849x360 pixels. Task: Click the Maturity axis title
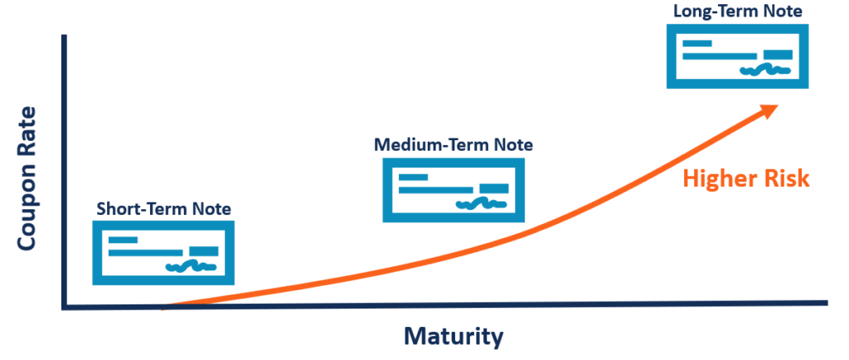tap(454, 337)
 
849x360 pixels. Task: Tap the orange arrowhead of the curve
tap(767, 111)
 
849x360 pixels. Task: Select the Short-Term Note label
tap(163, 207)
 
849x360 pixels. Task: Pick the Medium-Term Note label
tap(454, 145)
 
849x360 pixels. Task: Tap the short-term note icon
tap(163, 253)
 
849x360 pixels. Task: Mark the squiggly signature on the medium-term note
tap(481, 202)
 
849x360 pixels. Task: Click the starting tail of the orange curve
tap(166, 306)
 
